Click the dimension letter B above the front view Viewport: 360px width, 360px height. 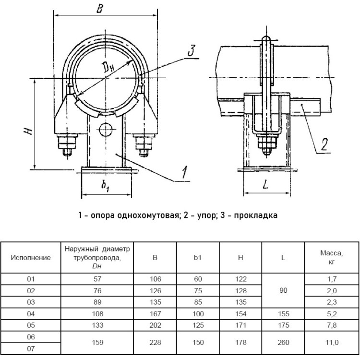click(x=100, y=9)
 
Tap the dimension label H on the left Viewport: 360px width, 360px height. click(x=28, y=131)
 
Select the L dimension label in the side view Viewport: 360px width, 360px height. click(x=265, y=184)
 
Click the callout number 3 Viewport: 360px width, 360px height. click(x=191, y=50)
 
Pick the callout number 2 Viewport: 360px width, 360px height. click(x=324, y=145)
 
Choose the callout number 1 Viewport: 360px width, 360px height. click(x=184, y=172)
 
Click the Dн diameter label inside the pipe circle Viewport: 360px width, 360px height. click(x=108, y=67)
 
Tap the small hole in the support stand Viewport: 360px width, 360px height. click(x=106, y=130)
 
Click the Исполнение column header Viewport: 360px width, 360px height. click(x=31, y=258)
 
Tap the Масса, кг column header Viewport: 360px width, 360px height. click(x=332, y=257)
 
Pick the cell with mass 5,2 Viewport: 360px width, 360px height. click(x=332, y=313)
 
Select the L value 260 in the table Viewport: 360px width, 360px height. click(x=283, y=343)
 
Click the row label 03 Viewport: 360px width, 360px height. click(x=31, y=302)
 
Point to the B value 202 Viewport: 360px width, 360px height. click(x=155, y=325)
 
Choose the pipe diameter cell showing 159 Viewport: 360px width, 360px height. click(x=97, y=343)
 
